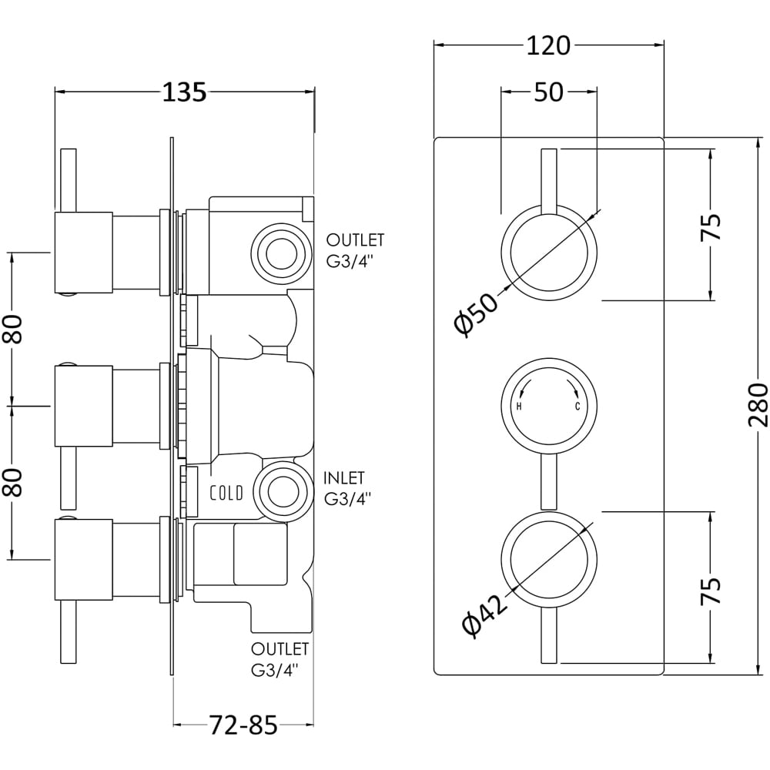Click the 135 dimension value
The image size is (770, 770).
point(184,92)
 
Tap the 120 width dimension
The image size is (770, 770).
point(549,45)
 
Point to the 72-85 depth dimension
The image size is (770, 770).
point(243,725)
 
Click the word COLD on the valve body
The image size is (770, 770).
point(227,493)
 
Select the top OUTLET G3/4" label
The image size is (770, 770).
point(355,249)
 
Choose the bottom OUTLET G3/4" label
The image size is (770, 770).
point(280,658)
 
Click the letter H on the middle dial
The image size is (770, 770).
point(519,407)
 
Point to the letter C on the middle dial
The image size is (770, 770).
point(577,407)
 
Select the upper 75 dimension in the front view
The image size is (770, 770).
point(711,226)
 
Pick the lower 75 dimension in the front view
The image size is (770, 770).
point(711,590)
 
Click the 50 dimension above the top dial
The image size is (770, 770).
point(548,92)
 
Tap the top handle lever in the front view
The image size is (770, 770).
point(548,181)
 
